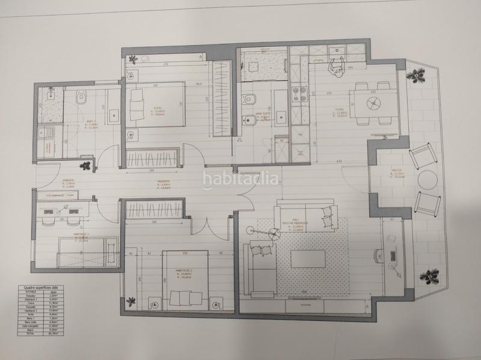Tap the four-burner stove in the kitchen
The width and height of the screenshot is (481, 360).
pyautogui.click(x=299, y=93)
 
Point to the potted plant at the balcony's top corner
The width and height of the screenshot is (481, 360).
pyautogui.click(x=414, y=76)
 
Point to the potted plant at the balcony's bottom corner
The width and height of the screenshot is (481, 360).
pyautogui.click(x=429, y=277)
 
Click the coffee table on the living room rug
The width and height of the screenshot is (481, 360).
pyautogui.click(x=308, y=258)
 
